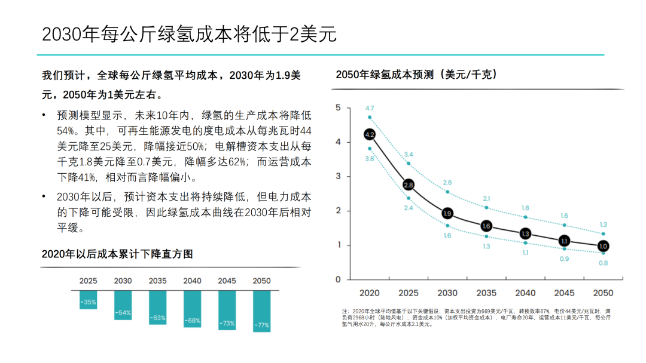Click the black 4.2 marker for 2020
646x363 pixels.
(x=370, y=135)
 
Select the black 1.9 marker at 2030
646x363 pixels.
(x=447, y=214)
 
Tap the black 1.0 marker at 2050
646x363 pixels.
(x=603, y=245)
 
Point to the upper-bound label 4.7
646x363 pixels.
(x=370, y=108)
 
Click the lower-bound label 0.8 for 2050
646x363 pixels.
(x=603, y=263)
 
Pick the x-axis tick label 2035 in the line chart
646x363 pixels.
(x=486, y=293)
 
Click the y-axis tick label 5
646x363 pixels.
(x=338, y=107)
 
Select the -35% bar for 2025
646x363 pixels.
(x=88, y=300)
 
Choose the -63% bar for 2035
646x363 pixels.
(x=157, y=307)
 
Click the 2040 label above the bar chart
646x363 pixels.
(x=192, y=281)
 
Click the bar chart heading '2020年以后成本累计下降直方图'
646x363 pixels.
(x=117, y=254)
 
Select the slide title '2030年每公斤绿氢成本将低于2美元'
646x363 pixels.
(x=189, y=34)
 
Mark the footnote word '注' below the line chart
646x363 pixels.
(x=345, y=311)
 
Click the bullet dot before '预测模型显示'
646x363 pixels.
(x=44, y=115)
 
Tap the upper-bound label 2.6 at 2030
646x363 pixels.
(x=447, y=182)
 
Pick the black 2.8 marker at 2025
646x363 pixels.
(x=409, y=185)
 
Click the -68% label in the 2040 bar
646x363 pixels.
(x=192, y=321)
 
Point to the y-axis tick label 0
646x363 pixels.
(x=338, y=279)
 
